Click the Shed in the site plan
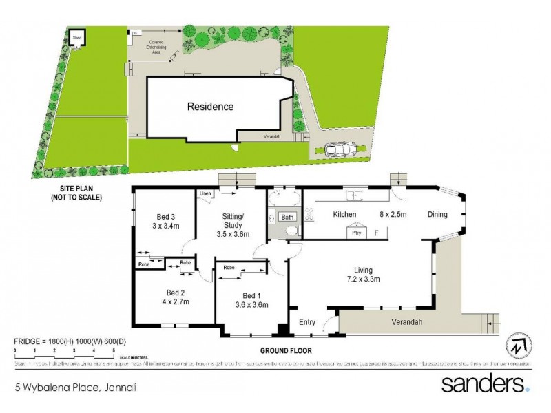point(77,37)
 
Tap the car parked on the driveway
point(340,149)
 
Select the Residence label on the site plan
point(211,107)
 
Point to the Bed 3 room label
point(164,215)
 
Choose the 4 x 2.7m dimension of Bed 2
point(175,301)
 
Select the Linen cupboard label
point(205,194)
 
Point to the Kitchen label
point(344,215)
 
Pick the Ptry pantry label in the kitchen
point(357,233)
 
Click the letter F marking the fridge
point(376,233)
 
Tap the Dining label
point(437,215)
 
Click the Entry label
point(306,321)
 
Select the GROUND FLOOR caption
point(285,350)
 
